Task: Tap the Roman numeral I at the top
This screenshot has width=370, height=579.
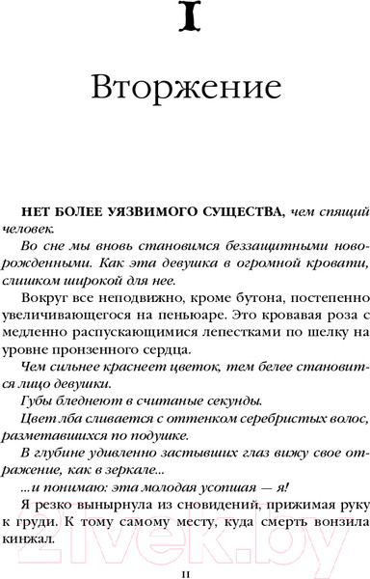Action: click(x=184, y=20)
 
